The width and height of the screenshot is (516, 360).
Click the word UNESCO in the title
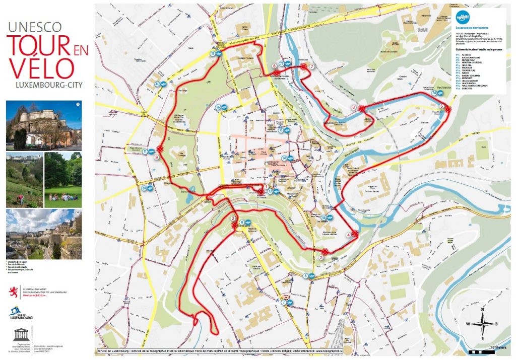click(34, 27)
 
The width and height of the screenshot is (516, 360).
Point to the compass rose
click(482, 324)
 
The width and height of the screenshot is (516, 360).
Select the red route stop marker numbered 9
click(160, 150)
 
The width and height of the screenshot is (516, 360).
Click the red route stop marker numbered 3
click(325, 251)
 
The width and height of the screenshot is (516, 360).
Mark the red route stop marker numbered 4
click(355, 233)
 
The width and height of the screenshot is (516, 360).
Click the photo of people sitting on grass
click(62, 180)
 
